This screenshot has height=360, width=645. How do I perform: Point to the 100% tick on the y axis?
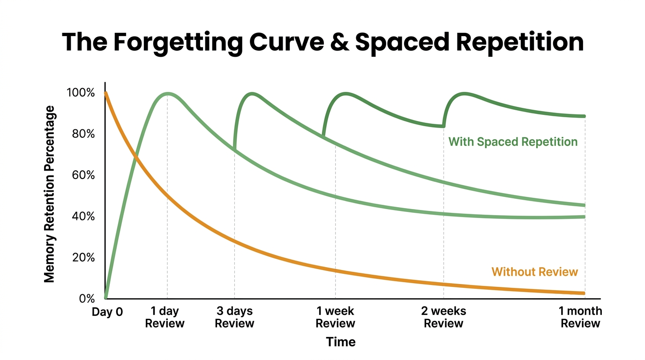point(81,93)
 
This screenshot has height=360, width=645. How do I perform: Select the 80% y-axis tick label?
point(83,134)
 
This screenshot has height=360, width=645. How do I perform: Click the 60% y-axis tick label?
point(83,175)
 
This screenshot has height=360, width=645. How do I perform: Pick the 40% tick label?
point(83,217)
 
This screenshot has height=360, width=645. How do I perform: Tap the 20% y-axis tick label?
point(83,258)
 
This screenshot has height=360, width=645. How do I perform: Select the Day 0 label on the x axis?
point(107,312)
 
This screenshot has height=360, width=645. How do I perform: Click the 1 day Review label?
point(165,317)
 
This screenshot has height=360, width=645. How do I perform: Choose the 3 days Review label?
point(234,317)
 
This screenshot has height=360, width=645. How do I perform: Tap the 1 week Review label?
point(335,317)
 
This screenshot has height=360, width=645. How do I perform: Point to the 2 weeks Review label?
point(443,317)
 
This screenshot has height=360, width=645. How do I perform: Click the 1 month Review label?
point(580,317)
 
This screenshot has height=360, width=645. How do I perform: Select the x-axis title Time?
point(341,342)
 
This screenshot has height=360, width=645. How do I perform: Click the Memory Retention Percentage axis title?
point(50,194)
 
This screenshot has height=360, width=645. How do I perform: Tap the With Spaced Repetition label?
point(513,142)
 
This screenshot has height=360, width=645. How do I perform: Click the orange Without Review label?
point(534,272)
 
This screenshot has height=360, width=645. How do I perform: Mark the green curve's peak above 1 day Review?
point(167,94)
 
